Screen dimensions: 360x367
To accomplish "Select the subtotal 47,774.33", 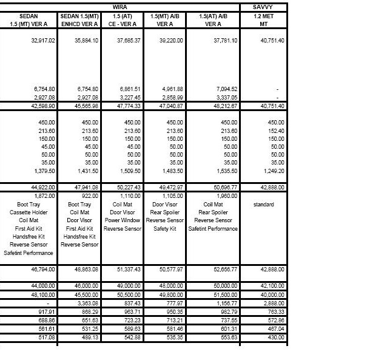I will point(128,105).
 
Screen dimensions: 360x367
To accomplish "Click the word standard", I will point(263,205).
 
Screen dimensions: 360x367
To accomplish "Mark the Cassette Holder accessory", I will point(29,212).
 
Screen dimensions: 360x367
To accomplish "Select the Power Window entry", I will point(122,220).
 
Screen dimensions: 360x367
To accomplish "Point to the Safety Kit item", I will point(164,228).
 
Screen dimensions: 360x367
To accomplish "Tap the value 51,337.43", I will point(128,268).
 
